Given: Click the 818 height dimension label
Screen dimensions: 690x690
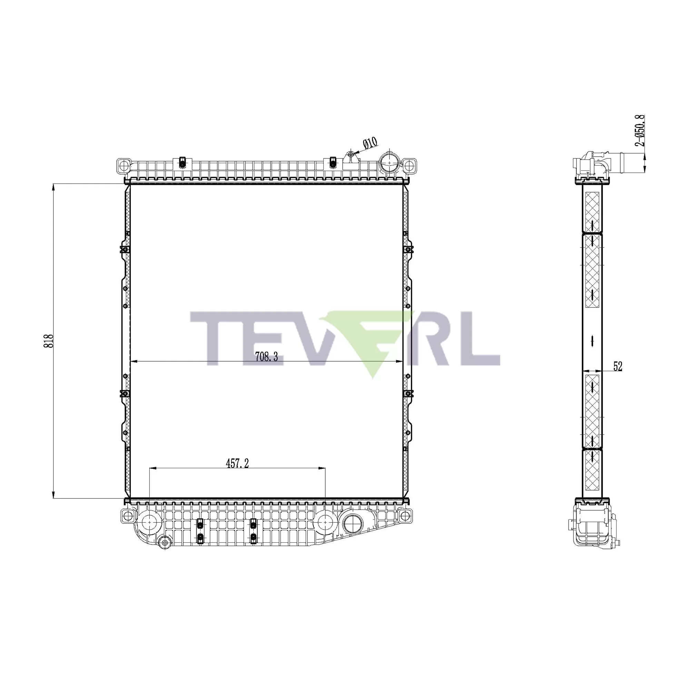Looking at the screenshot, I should (50, 341).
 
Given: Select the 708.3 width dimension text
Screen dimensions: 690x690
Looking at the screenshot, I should (266, 357).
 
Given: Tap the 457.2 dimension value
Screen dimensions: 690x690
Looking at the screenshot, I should (237, 464).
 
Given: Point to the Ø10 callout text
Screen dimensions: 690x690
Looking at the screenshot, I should (370, 143).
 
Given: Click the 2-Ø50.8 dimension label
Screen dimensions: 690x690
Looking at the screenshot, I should (640, 130).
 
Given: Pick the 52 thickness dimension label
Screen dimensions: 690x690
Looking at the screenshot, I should (618, 366).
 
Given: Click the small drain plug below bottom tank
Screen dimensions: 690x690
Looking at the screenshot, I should (165, 543).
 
